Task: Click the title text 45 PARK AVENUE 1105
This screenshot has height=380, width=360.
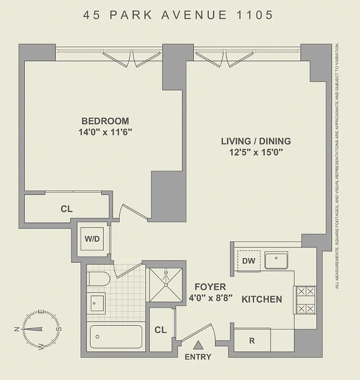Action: point(179,15)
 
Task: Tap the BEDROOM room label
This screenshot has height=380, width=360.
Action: point(105,121)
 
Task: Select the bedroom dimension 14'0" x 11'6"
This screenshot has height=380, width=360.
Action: point(105,133)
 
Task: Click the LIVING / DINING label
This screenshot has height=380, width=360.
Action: point(256,141)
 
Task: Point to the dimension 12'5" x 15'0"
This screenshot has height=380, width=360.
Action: point(256,152)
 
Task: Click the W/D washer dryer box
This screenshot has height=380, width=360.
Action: point(93,239)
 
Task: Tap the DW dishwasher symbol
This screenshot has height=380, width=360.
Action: point(248,261)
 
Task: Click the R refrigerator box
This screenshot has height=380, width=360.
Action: point(252,341)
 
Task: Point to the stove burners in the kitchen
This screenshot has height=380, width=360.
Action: point(304,300)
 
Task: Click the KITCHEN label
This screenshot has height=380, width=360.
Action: point(262,300)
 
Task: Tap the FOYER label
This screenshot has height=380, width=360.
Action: point(210,287)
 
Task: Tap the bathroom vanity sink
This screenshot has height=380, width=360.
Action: point(97,302)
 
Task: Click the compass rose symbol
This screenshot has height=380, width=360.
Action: point(37,329)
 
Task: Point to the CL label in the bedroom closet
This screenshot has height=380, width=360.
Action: point(66,209)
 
